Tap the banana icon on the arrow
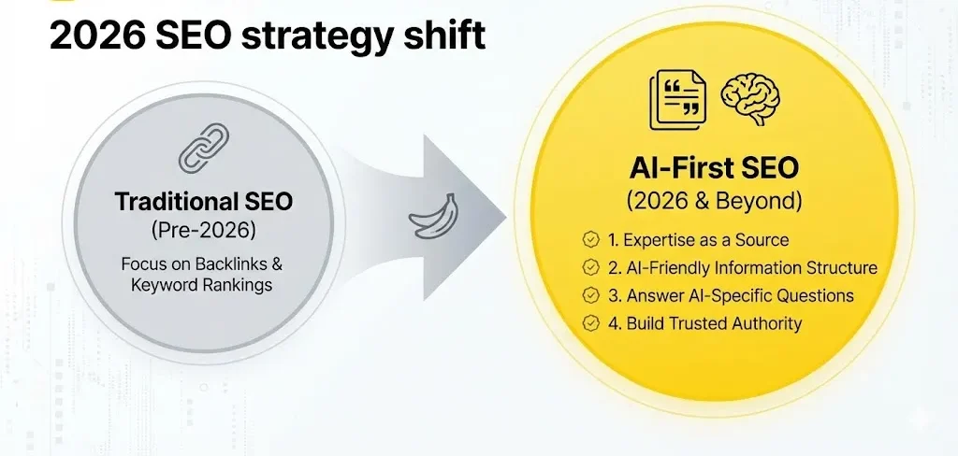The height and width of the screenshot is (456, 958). tap(433, 218)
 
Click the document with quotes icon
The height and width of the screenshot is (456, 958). tap(678, 99)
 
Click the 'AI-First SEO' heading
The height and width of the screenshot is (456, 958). tap(714, 168)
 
